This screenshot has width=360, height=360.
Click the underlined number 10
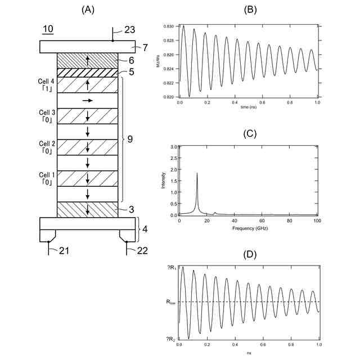[x=48, y=29]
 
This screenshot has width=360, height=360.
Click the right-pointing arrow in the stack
[x=87, y=100]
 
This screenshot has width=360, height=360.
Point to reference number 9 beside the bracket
[x=130, y=139]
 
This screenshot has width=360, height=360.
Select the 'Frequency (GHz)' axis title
[x=248, y=229]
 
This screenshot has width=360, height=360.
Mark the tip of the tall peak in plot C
[x=197, y=173]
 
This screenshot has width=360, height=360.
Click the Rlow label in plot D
[x=171, y=302]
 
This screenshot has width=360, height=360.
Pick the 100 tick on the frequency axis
[x=316, y=221]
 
